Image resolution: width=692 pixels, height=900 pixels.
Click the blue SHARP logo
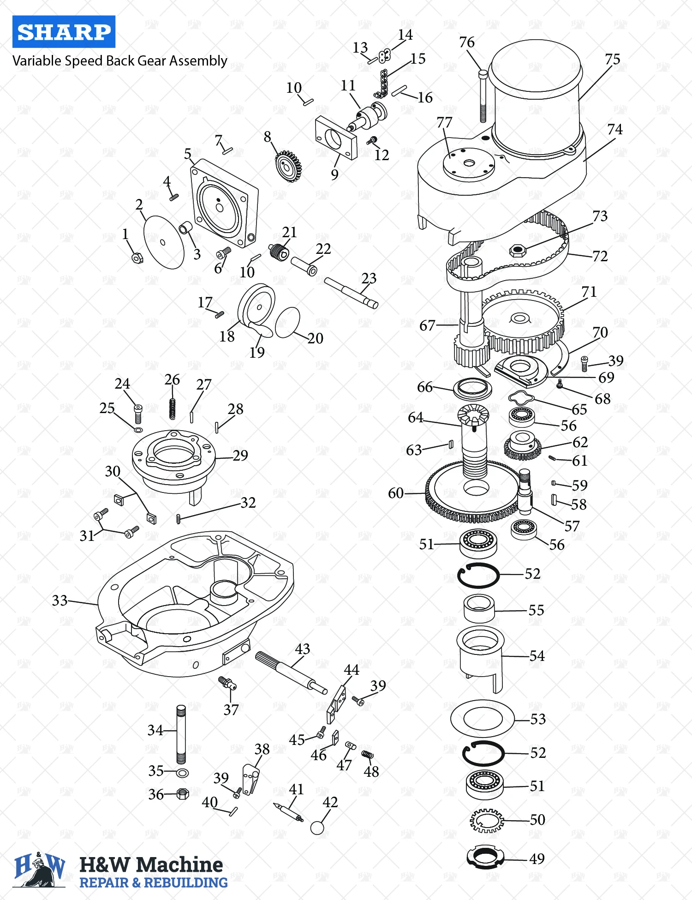(x=64, y=32)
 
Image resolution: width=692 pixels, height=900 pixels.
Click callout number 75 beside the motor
(x=612, y=60)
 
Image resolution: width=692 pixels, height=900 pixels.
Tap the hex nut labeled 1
(x=137, y=258)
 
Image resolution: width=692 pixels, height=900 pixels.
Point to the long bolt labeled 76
(x=483, y=97)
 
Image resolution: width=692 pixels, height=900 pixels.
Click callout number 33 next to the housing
(x=60, y=600)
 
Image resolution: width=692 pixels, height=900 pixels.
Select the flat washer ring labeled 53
(x=482, y=718)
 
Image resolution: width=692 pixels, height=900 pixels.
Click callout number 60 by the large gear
(x=395, y=493)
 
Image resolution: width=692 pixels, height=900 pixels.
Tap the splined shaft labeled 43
(x=291, y=672)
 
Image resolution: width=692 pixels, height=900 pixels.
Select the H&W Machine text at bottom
(x=151, y=864)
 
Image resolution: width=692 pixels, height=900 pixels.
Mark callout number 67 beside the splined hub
(x=427, y=326)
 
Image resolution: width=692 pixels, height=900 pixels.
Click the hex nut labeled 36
(x=183, y=794)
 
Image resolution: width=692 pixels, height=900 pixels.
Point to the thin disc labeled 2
(x=164, y=242)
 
